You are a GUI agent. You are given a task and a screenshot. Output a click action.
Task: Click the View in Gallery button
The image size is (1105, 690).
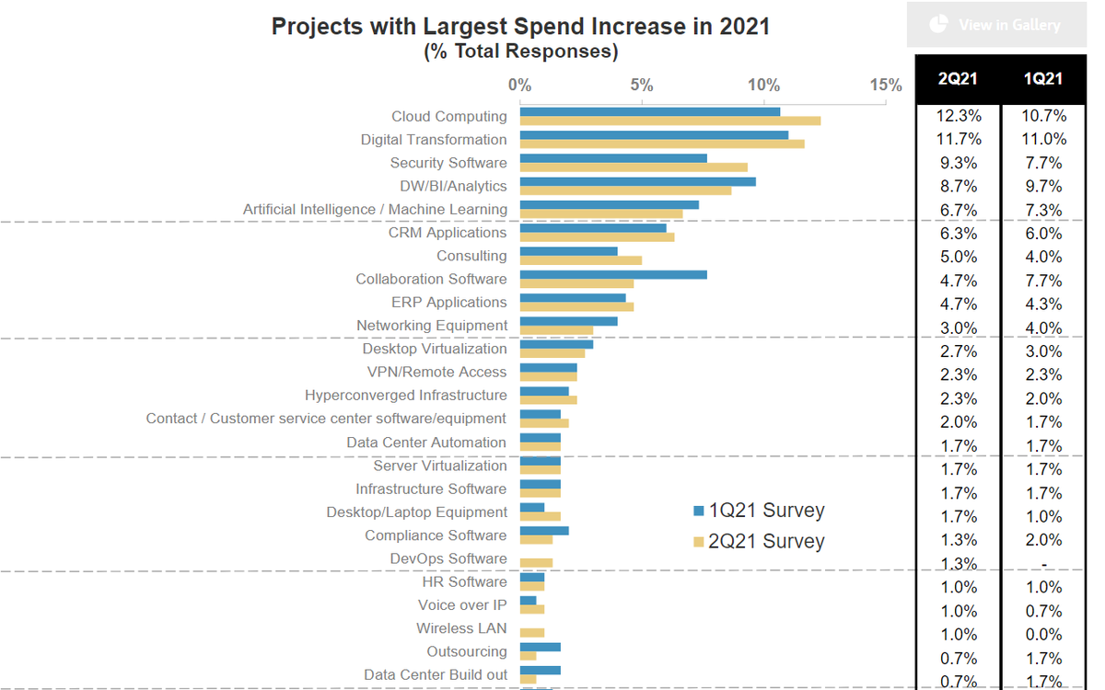(997, 25)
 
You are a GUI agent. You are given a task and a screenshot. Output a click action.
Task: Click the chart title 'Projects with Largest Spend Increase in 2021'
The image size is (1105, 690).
(520, 27)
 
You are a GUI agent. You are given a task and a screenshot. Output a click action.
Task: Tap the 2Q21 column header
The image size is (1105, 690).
(958, 79)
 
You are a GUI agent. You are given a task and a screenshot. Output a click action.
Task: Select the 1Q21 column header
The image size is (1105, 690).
(1043, 79)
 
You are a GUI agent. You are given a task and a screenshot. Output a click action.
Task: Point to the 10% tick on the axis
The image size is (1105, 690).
(763, 86)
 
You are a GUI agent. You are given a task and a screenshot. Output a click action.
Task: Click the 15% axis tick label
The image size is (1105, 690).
(885, 86)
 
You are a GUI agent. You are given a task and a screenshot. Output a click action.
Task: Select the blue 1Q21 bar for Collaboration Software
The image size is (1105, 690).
(613, 274)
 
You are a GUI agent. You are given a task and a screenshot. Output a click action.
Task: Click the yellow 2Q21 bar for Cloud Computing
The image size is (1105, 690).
(669, 121)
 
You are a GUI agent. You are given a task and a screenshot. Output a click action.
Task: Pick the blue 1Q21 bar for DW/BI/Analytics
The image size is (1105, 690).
(637, 181)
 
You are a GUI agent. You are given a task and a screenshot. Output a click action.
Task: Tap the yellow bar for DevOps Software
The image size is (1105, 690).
(536, 563)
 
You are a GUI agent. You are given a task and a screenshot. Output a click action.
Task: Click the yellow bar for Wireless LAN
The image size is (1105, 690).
(532, 633)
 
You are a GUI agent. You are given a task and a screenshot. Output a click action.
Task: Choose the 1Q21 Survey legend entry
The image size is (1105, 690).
(759, 511)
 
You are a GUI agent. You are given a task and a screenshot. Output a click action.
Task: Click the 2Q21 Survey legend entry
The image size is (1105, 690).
(759, 541)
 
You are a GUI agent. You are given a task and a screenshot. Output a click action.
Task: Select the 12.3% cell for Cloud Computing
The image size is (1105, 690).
(959, 116)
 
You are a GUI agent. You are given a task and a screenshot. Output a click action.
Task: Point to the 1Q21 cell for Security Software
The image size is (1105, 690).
(1043, 163)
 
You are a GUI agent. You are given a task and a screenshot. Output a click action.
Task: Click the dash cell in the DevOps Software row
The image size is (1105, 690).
(1043, 564)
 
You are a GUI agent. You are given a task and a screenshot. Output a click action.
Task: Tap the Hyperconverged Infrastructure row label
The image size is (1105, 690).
(405, 396)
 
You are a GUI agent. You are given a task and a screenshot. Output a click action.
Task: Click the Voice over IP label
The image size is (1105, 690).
(461, 605)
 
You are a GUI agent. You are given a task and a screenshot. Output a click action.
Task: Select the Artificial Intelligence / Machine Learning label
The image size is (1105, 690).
(375, 210)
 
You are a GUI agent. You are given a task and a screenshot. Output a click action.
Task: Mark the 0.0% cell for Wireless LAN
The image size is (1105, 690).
(1043, 635)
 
